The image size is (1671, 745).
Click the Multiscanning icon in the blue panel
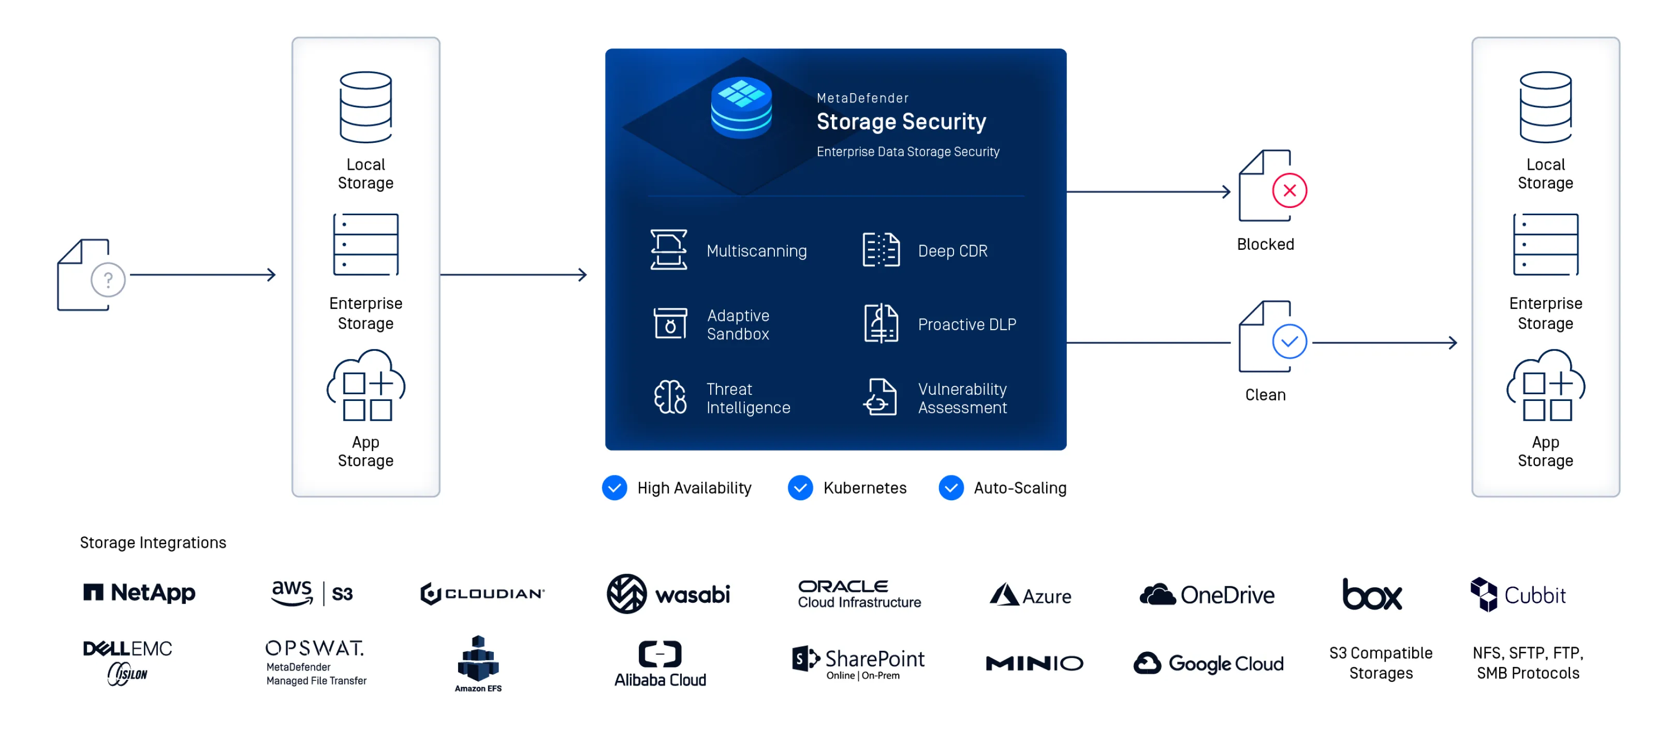click(669, 250)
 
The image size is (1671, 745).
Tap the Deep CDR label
click(952, 251)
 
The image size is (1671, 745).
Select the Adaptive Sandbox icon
click(670, 323)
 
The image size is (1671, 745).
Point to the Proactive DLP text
click(966, 324)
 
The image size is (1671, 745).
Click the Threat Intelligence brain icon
click(670, 397)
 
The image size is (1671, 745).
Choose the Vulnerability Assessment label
click(962, 398)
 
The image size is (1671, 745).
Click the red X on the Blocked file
click(1289, 190)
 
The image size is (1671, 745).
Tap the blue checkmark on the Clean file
click(1289, 341)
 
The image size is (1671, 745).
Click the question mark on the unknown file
click(108, 280)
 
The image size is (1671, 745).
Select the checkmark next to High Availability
click(614, 487)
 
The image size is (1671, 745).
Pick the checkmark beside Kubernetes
click(800, 487)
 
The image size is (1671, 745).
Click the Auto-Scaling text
click(1020, 487)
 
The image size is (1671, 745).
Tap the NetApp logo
click(139, 592)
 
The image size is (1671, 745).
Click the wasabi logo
click(668, 594)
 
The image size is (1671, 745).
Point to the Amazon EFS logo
click(478, 663)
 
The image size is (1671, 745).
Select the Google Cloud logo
click(1209, 663)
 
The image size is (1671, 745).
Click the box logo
click(1371, 594)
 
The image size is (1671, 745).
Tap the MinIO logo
click(1034, 663)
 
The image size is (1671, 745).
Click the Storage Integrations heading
click(153, 543)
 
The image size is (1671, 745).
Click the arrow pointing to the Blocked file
click(1148, 192)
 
